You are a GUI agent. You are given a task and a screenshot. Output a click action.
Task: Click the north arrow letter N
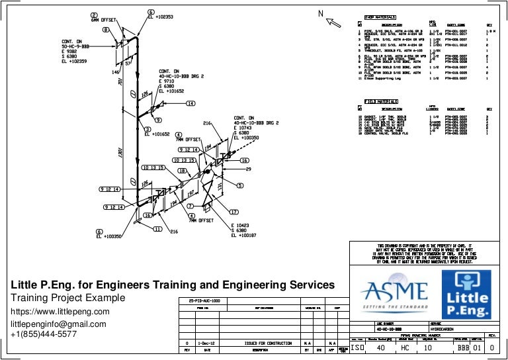pos(320,14)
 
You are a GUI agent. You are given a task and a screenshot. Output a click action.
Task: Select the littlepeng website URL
pos(58,311)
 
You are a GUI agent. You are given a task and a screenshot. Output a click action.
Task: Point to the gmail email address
pos(58,324)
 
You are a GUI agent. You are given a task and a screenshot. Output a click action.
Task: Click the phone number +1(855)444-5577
pos(44,334)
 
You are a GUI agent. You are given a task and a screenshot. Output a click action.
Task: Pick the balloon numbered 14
pos(190,104)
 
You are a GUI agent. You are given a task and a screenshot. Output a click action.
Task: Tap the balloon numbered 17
pos(233,212)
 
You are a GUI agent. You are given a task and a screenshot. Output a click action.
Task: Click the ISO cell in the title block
pos(357,348)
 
